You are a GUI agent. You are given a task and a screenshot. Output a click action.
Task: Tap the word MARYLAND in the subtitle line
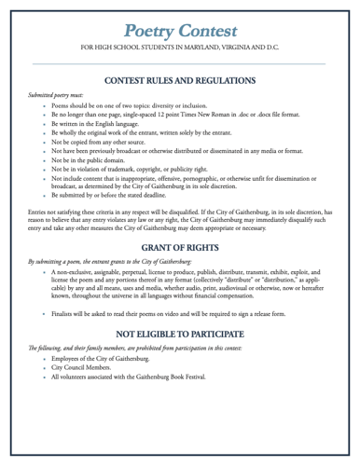[215, 45]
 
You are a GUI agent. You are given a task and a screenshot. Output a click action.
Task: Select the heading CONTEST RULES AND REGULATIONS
[179, 80]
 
